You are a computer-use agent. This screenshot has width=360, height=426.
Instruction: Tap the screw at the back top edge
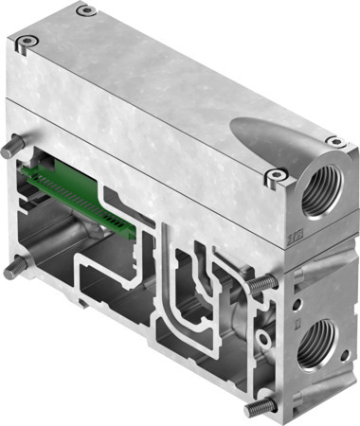tap(86, 10)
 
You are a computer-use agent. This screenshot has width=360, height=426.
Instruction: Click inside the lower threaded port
tap(316, 344)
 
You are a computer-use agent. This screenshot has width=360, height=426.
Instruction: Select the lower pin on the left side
tap(13, 270)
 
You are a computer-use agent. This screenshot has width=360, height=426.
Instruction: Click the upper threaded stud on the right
tap(266, 281)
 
